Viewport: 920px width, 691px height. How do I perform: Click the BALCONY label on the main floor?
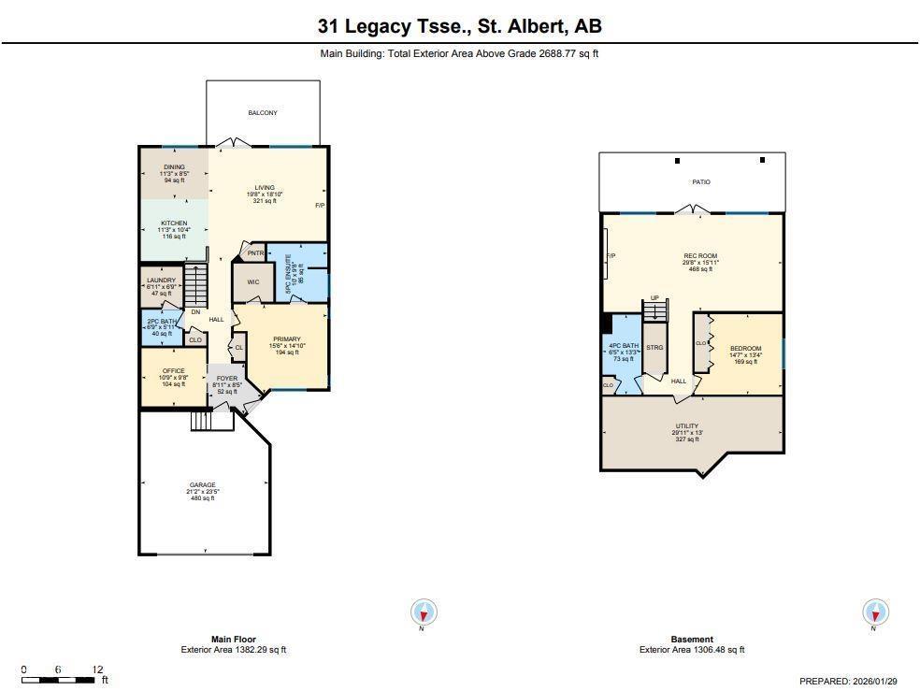[262, 113]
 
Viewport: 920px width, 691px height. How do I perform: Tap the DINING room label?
[174, 167]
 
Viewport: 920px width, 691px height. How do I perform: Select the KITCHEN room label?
[174, 223]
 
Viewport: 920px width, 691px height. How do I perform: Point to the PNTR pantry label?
[254, 252]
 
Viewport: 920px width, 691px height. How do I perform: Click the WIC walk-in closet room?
[252, 281]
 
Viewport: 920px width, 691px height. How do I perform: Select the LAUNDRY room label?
[161, 280]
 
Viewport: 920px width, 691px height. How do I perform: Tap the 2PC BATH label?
[161, 322]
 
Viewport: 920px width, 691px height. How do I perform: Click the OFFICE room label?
[173, 371]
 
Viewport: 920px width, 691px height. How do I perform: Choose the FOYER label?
[227, 379]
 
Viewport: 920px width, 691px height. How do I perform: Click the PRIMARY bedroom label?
[286, 338]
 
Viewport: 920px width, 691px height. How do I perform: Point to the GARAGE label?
[202, 485]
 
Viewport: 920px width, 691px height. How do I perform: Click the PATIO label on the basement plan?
[700, 182]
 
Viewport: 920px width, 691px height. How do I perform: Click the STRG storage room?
[654, 347]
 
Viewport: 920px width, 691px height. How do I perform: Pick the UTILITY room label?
[686, 426]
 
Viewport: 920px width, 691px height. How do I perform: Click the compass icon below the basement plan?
[875, 613]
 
